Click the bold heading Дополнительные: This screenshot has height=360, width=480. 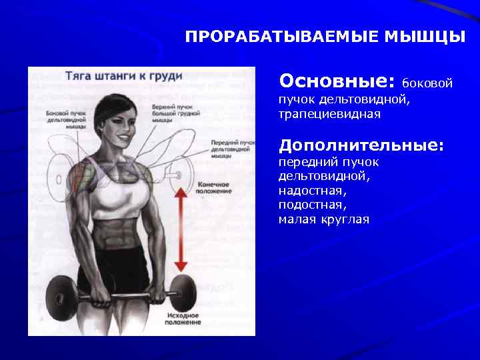point(361,145)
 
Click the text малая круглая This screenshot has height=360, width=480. point(323,219)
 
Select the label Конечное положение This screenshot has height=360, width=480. point(213,187)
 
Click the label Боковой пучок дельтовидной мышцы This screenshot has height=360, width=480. point(65,119)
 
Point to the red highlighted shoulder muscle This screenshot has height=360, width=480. point(83,175)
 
